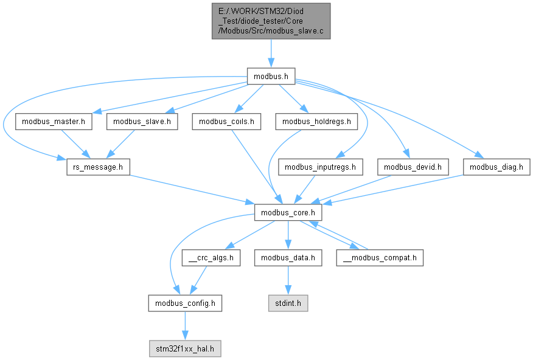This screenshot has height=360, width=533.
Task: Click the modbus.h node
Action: (x=271, y=76)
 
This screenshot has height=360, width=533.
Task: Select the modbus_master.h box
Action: (x=54, y=122)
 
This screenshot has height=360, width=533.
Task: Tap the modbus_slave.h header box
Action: (x=142, y=122)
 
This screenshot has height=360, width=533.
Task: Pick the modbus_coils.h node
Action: (x=227, y=122)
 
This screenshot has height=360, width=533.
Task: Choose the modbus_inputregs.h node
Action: (x=321, y=166)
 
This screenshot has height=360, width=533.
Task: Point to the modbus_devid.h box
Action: (x=413, y=166)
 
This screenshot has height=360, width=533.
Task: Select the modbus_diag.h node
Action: (x=496, y=166)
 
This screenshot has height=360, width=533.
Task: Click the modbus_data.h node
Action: (x=288, y=258)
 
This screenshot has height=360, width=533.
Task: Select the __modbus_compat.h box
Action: (x=380, y=258)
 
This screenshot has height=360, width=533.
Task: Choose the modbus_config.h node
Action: (x=185, y=303)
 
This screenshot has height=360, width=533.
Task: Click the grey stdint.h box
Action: (x=288, y=303)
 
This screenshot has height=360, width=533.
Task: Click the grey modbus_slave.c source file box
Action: (x=271, y=21)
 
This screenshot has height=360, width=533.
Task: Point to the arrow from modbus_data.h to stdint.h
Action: (x=288, y=280)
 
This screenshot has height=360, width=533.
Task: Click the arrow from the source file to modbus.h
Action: (x=271, y=54)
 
